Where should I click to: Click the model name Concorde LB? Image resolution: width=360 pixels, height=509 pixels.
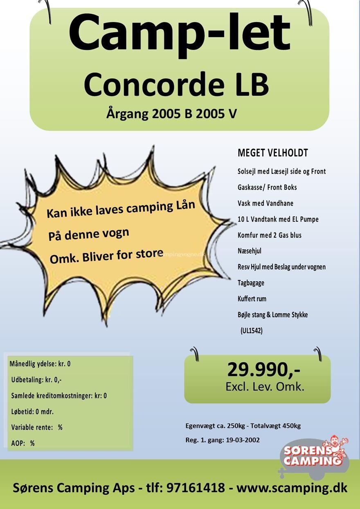(x=176, y=84)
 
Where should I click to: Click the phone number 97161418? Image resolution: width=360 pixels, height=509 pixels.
(x=196, y=488)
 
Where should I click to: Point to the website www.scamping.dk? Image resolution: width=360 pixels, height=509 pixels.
(x=292, y=488)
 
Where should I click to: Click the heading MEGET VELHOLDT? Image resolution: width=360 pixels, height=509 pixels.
(x=272, y=153)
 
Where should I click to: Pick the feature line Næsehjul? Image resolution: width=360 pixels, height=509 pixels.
(x=249, y=251)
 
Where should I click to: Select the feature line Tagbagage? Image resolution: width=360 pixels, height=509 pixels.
(x=251, y=283)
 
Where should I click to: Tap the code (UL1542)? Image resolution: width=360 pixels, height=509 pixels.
(x=252, y=331)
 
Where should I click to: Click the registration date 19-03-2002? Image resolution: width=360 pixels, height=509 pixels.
(x=243, y=440)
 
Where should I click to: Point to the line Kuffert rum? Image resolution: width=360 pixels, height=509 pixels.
(x=252, y=299)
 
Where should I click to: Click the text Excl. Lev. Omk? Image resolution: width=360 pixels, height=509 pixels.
(x=265, y=387)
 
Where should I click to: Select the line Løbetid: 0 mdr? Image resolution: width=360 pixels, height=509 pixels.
(x=32, y=412)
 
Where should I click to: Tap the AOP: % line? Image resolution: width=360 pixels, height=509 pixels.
(x=23, y=443)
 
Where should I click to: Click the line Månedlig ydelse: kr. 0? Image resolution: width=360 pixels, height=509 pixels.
(x=40, y=364)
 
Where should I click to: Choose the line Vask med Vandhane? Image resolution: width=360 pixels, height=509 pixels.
(x=265, y=203)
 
